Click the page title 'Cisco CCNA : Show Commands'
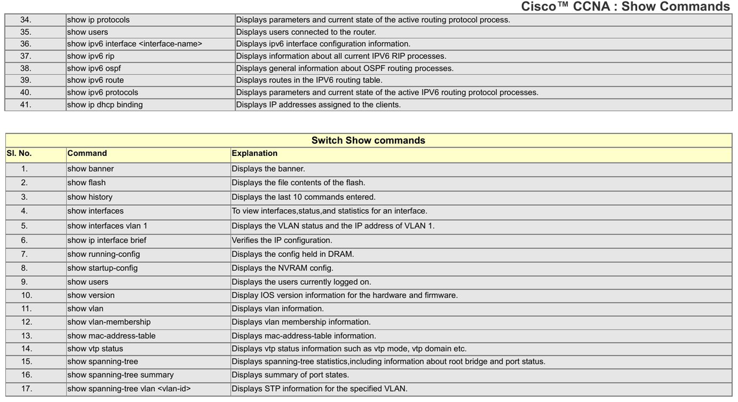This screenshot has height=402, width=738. [625, 7]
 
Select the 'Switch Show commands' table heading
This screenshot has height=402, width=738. [368, 140]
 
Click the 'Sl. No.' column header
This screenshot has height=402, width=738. [19, 153]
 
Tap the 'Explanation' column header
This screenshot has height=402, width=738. [254, 153]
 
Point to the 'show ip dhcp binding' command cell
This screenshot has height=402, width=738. [105, 105]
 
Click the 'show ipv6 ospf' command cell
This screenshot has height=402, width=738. [94, 69]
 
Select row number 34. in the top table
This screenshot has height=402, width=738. [25, 20]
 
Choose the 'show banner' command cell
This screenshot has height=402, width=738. [91, 169]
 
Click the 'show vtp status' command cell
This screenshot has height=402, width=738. [95, 349]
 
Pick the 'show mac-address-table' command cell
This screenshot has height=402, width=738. [111, 336]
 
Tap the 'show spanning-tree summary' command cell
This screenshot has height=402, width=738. [120, 375]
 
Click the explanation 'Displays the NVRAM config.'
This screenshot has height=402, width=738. [282, 268]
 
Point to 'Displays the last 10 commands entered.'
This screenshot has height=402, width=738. [304, 197]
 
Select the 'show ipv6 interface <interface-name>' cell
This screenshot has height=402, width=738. [135, 44]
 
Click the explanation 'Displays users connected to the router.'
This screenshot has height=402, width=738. [306, 32]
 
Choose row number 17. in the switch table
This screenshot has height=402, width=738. [26, 389]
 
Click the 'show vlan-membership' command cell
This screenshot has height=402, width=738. [109, 322]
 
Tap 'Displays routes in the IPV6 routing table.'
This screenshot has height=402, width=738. [309, 80]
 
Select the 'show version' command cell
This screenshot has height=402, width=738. [91, 295]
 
